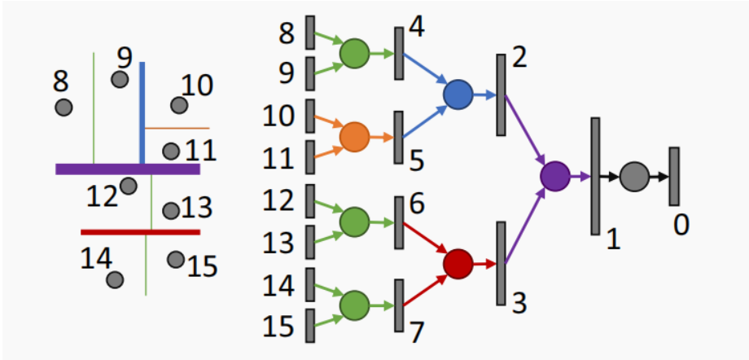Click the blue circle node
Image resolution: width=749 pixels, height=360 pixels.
click(458, 95)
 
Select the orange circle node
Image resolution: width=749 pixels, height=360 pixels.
click(354, 137)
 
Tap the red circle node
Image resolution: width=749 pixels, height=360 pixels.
click(458, 263)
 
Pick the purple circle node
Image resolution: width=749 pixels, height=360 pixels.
click(555, 175)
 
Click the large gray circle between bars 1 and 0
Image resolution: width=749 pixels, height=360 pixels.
click(633, 176)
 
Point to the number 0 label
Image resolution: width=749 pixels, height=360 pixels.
click(681, 222)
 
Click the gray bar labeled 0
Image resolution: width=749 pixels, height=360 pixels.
click(674, 176)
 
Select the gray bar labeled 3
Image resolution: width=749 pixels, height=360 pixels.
click(501, 263)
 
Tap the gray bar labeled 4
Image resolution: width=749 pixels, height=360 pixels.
click(399, 54)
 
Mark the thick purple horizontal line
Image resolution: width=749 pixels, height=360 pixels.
click(128, 169)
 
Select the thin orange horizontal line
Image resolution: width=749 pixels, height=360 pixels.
click(177, 128)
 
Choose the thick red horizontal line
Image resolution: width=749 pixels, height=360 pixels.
click(140, 232)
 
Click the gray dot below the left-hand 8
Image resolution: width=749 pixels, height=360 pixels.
click(64, 107)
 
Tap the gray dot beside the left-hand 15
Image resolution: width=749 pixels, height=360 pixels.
click(174, 259)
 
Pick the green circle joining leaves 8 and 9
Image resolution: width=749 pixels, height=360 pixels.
click(354, 54)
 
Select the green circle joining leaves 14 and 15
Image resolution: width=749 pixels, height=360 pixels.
click(354, 305)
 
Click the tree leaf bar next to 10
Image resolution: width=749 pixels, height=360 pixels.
click(310, 116)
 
